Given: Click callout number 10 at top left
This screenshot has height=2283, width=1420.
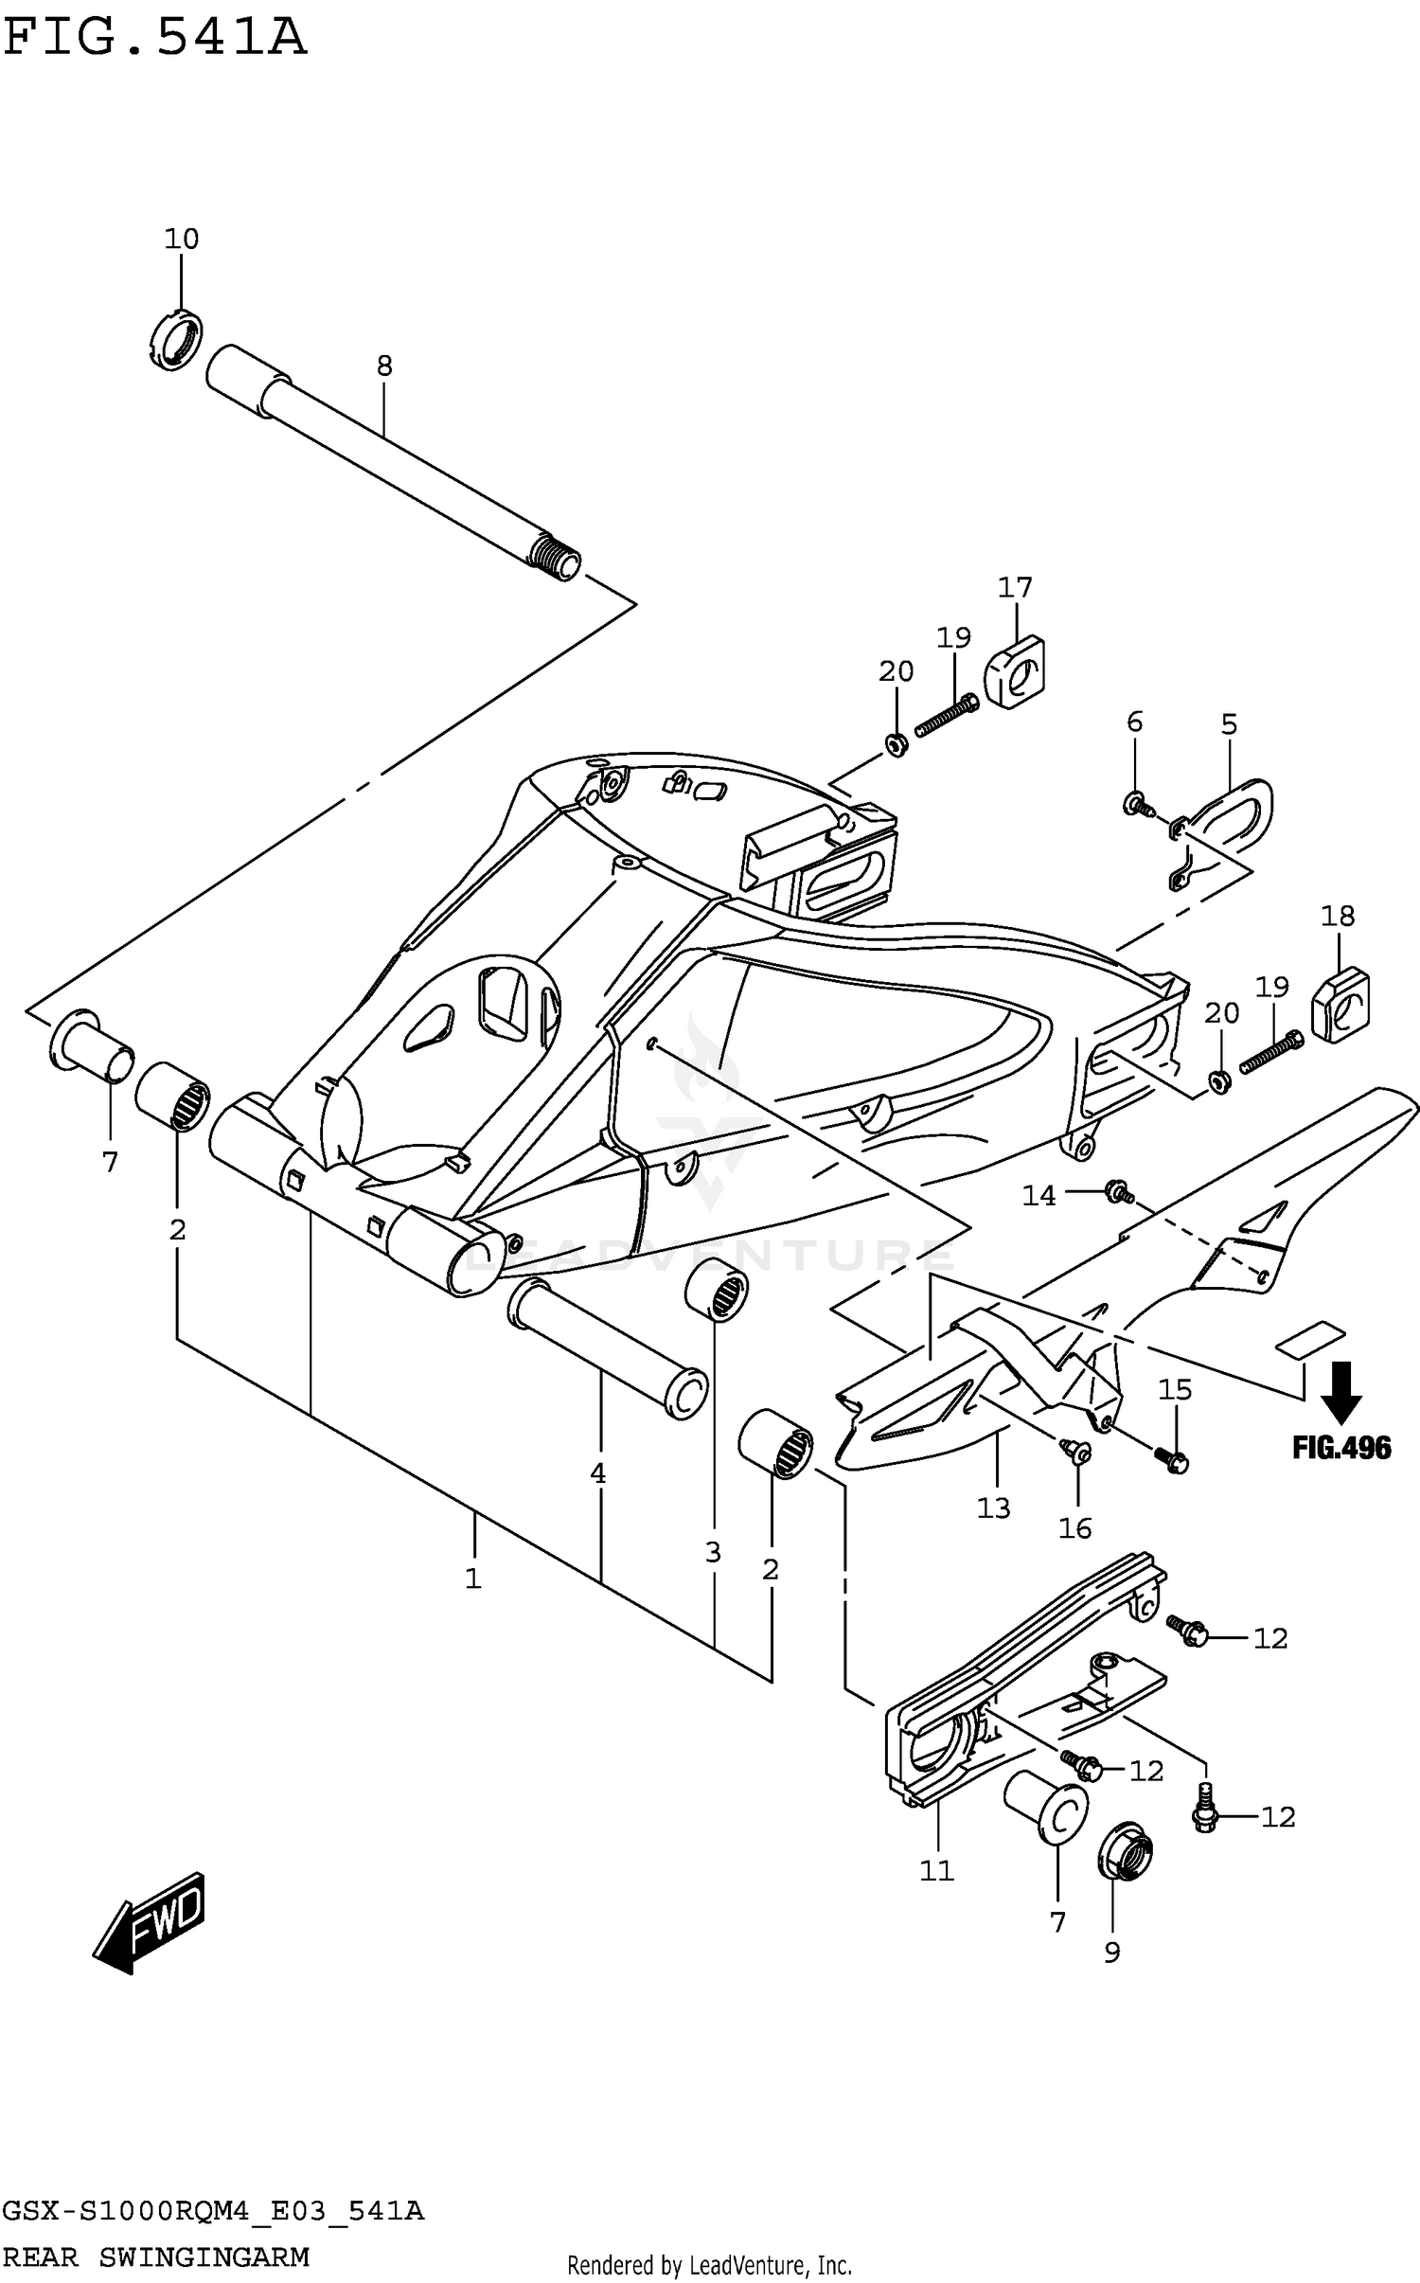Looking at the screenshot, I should [182, 239].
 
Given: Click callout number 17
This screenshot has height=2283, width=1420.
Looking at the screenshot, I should [1015, 587].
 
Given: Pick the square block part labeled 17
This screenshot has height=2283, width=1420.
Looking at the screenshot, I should [1015, 671].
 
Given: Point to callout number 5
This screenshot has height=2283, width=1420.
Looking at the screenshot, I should [1229, 724].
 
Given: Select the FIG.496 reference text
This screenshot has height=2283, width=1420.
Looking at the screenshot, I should [1341, 1448].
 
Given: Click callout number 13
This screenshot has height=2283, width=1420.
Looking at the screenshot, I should [994, 1507].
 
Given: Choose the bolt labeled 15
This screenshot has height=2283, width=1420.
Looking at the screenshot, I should [1174, 1461].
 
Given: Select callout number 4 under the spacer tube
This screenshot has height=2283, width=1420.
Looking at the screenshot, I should [597, 1472].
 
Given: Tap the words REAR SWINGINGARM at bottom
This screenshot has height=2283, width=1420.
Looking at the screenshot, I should [156, 2256].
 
